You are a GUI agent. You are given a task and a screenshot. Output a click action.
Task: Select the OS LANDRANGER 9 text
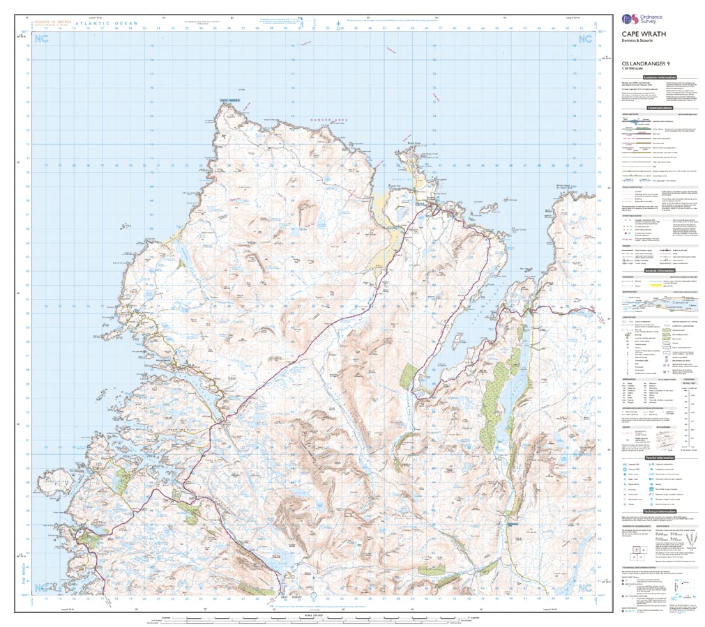(x=637, y=63)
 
